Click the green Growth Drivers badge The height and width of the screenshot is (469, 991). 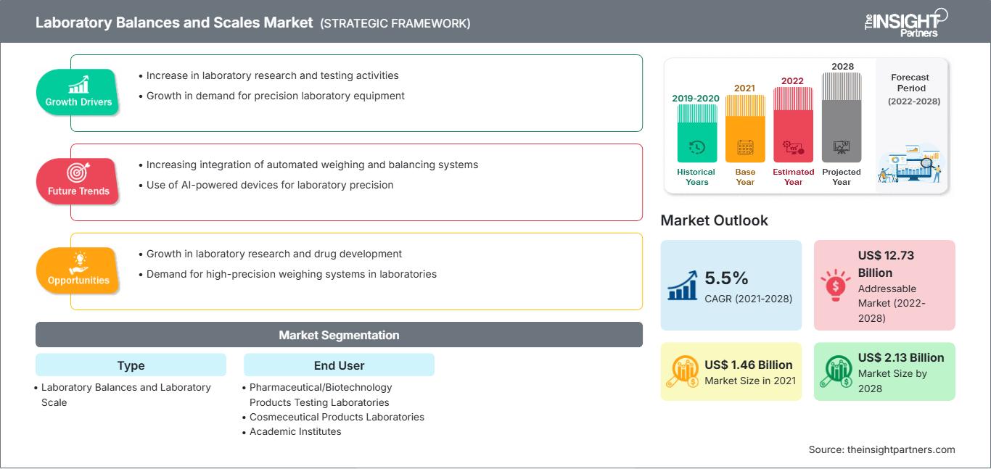tap(78, 92)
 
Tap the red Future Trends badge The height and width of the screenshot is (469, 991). tap(77, 181)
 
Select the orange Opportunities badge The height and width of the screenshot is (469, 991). tap(78, 270)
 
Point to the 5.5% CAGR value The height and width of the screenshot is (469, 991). tap(726, 278)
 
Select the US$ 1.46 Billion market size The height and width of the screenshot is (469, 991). tap(748, 365)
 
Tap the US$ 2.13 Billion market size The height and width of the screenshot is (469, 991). tap(900, 357)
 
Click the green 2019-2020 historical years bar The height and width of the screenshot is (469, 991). tap(696, 133)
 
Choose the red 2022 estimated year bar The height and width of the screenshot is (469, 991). tap(793, 124)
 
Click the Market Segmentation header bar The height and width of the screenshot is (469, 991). tap(339, 335)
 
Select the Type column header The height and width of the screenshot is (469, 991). tap(131, 365)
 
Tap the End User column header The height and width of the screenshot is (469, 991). tap(339, 365)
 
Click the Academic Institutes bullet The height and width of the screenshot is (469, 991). tap(295, 431)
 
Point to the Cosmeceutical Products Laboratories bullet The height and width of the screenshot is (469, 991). tap(336, 417)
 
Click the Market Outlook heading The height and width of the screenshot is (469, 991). tap(714, 220)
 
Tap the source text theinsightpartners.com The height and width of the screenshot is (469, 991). tap(881, 449)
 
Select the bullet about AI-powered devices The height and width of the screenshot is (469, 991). tap(269, 185)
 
